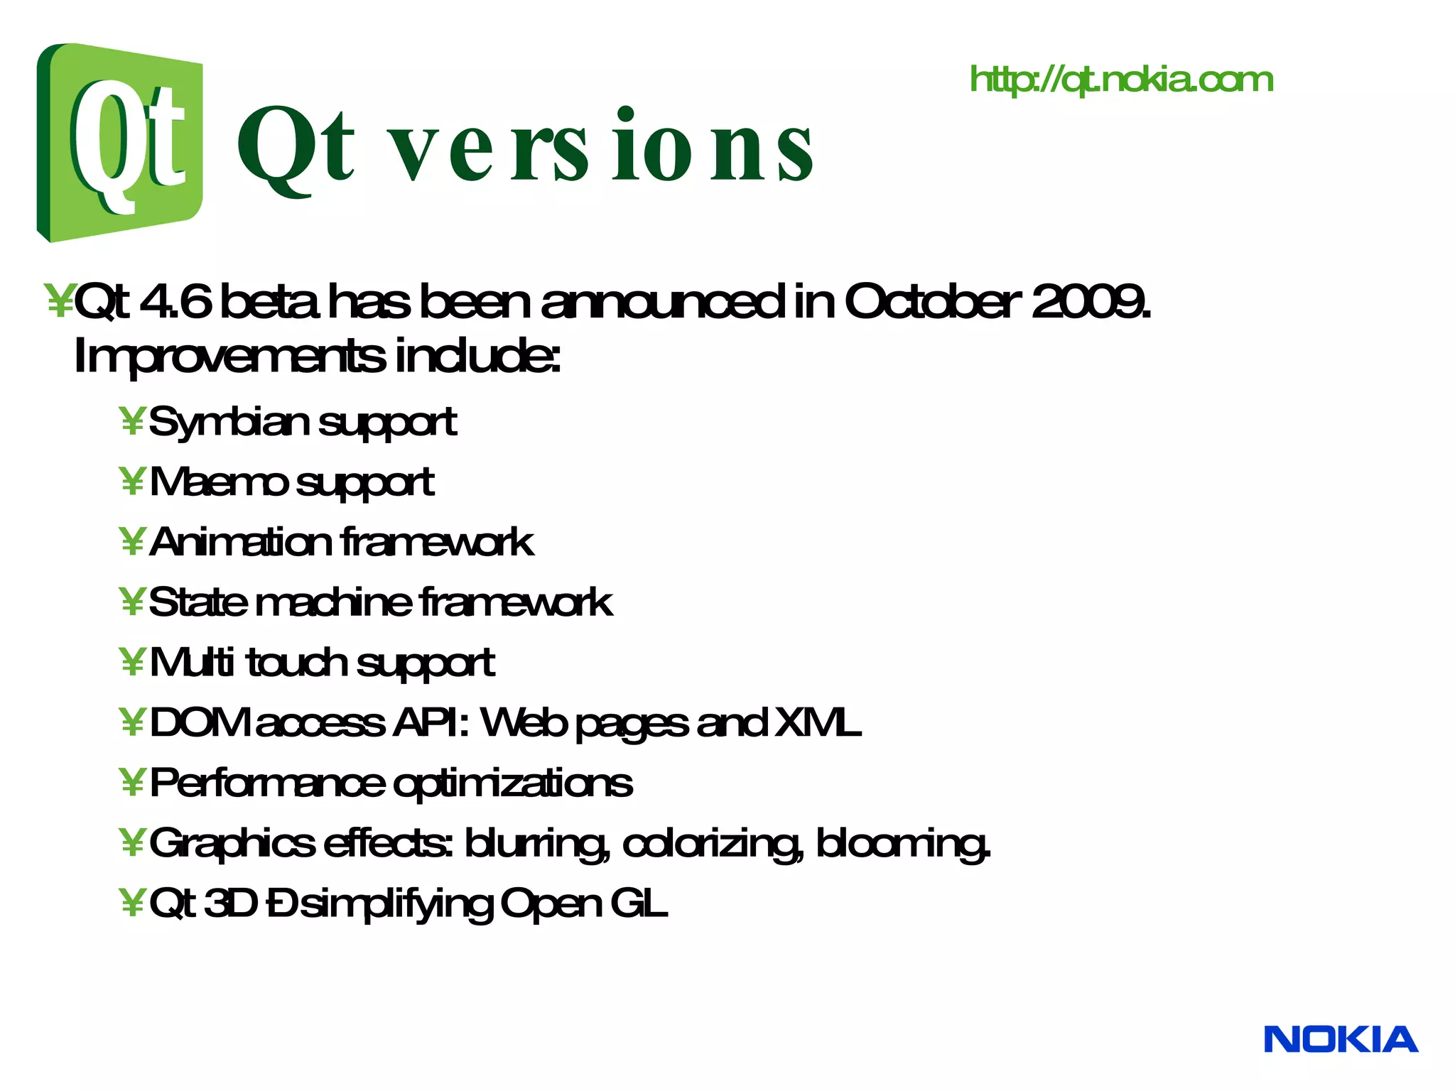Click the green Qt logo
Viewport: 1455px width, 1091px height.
119,142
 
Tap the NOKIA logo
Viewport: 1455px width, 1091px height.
1341,1040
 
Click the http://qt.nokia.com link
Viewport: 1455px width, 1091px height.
1121,80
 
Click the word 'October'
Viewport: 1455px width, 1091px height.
931,302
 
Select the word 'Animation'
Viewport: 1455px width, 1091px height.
240,543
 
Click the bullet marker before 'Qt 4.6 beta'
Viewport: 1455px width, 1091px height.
58,302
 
